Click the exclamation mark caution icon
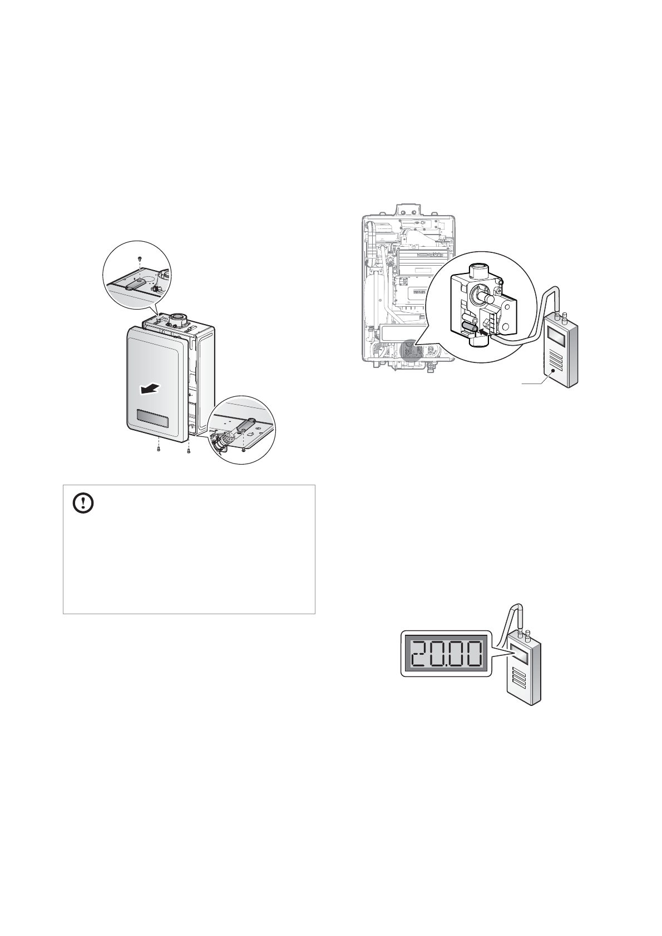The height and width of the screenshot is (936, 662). pyautogui.click(x=83, y=504)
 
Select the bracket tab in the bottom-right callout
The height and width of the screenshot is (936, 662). pyautogui.click(x=247, y=425)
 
